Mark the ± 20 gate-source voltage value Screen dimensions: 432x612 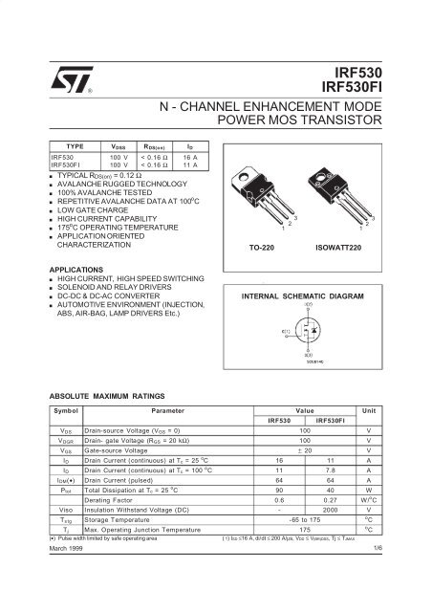305,448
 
